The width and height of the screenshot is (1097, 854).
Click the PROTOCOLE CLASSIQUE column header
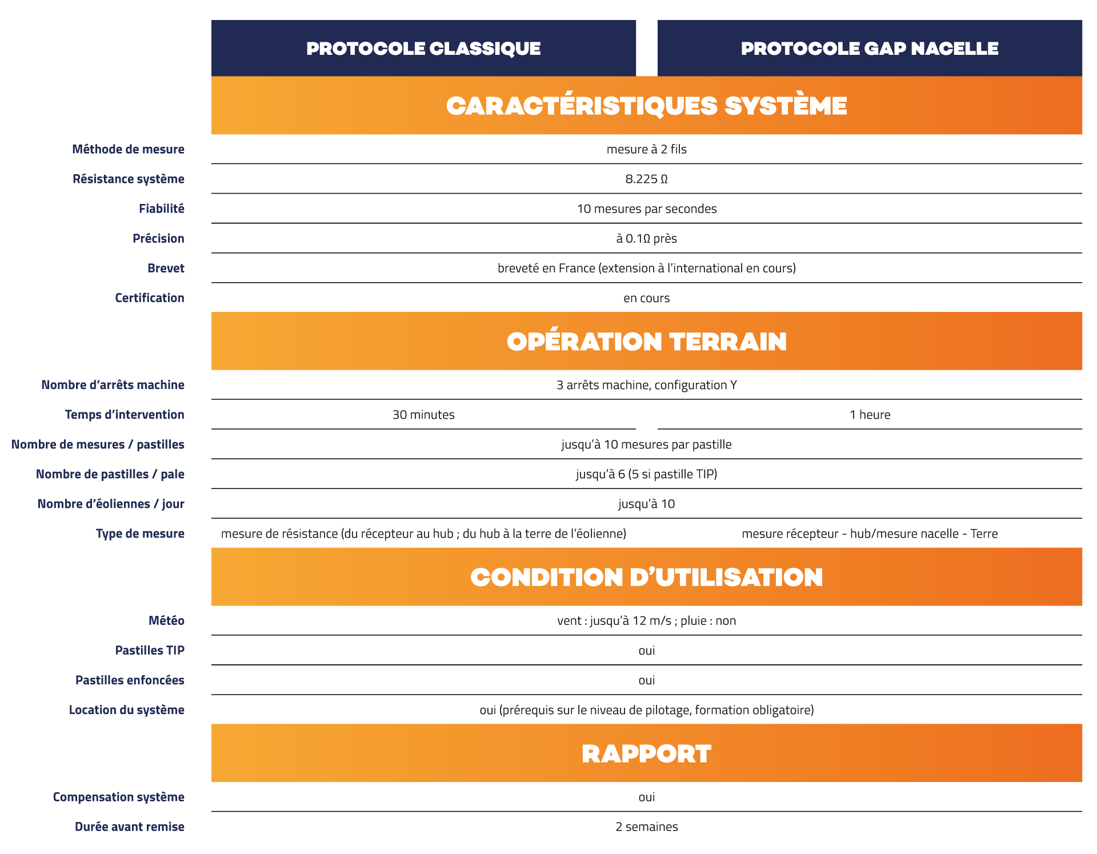point(423,49)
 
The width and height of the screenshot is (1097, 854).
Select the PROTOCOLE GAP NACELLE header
point(869,49)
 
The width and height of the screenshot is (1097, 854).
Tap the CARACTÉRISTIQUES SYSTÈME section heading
point(646,106)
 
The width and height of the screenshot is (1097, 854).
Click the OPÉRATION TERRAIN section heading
point(646,342)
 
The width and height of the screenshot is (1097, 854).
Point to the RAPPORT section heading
point(646,753)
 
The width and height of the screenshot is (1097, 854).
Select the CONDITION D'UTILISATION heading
point(646,577)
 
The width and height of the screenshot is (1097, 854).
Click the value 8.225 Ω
point(646,179)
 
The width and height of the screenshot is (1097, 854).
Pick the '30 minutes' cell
point(423,415)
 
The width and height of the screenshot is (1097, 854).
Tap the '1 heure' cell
point(869,415)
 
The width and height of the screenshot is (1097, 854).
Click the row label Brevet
point(166,268)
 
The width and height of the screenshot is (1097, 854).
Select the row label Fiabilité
point(161,209)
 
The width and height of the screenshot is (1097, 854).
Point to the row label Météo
point(166,621)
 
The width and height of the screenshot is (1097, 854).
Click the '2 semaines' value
point(646,827)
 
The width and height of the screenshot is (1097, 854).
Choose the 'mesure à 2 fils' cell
point(646,150)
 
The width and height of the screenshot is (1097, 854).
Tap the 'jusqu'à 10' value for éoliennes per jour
point(646,504)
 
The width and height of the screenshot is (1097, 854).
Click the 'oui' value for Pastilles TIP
point(646,651)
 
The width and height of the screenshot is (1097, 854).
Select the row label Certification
point(149,298)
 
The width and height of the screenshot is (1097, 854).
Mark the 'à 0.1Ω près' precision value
point(646,239)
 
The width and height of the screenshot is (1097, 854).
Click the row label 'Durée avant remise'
point(129,827)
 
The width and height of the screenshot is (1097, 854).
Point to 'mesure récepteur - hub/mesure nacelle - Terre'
point(869,534)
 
